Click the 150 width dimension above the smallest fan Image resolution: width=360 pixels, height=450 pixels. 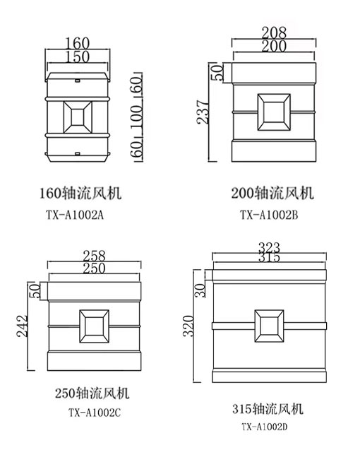click(x=78, y=57)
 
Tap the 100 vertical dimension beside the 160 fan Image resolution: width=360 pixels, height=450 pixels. click(x=137, y=117)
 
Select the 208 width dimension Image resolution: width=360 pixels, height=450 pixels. click(x=274, y=32)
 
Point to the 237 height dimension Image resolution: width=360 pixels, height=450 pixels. click(x=203, y=112)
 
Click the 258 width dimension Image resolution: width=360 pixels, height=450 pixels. click(x=94, y=256)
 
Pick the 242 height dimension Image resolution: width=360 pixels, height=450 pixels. click(x=22, y=326)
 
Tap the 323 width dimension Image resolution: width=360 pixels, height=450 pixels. click(x=269, y=247)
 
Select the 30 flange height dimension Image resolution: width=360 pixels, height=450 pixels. click(x=200, y=290)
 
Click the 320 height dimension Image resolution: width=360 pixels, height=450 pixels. click(x=188, y=326)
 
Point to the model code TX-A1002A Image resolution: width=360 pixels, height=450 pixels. click(x=75, y=215)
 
